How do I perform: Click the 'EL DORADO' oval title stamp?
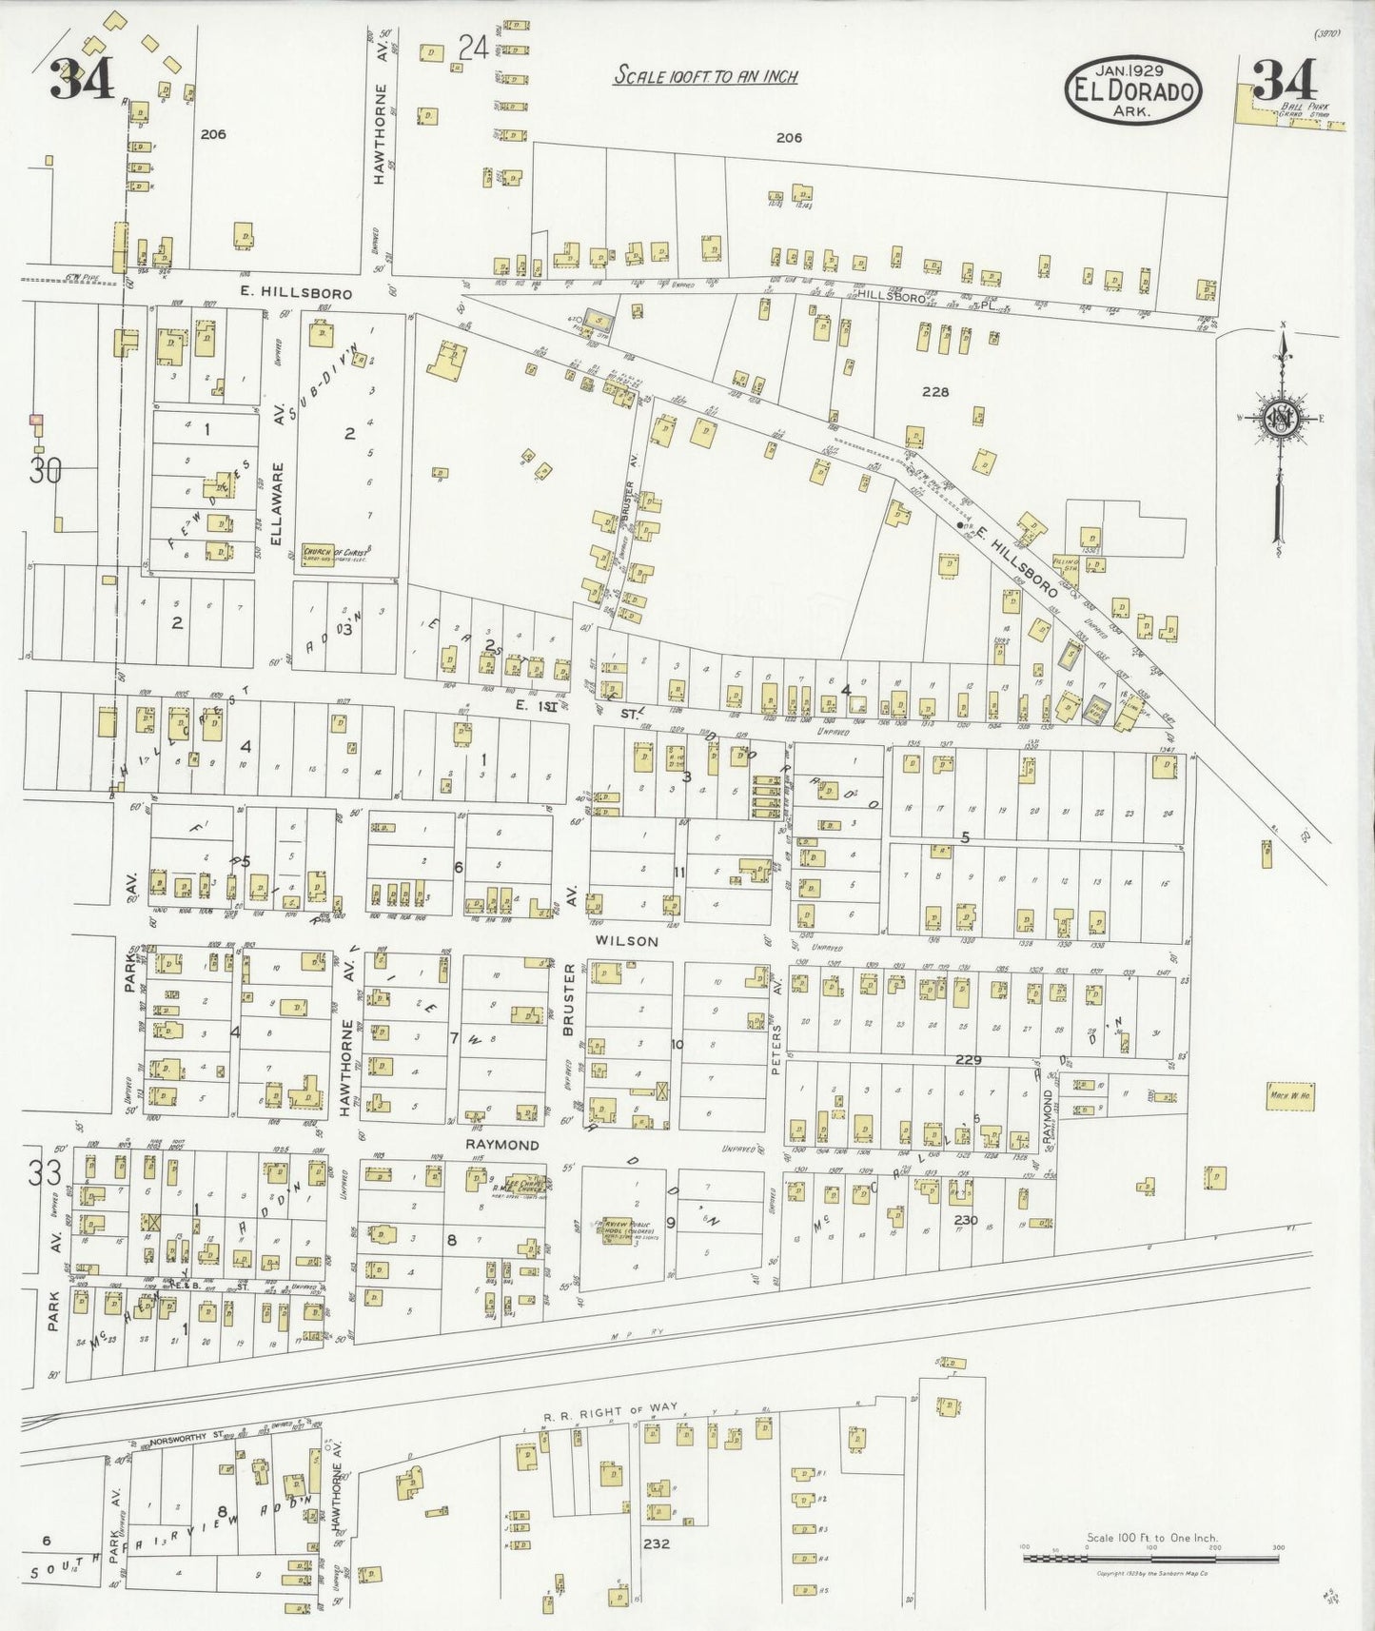[x=1133, y=90]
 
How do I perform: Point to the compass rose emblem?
[x=1282, y=419]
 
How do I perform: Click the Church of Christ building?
[x=336, y=554]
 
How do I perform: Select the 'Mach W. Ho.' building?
[x=1290, y=1094]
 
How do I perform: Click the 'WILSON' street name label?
[x=627, y=941]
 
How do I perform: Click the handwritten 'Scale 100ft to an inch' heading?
[x=705, y=76]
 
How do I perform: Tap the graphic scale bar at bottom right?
[x=1151, y=1559]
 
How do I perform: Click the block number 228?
[x=934, y=391]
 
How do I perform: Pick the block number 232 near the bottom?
[x=657, y=1543]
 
